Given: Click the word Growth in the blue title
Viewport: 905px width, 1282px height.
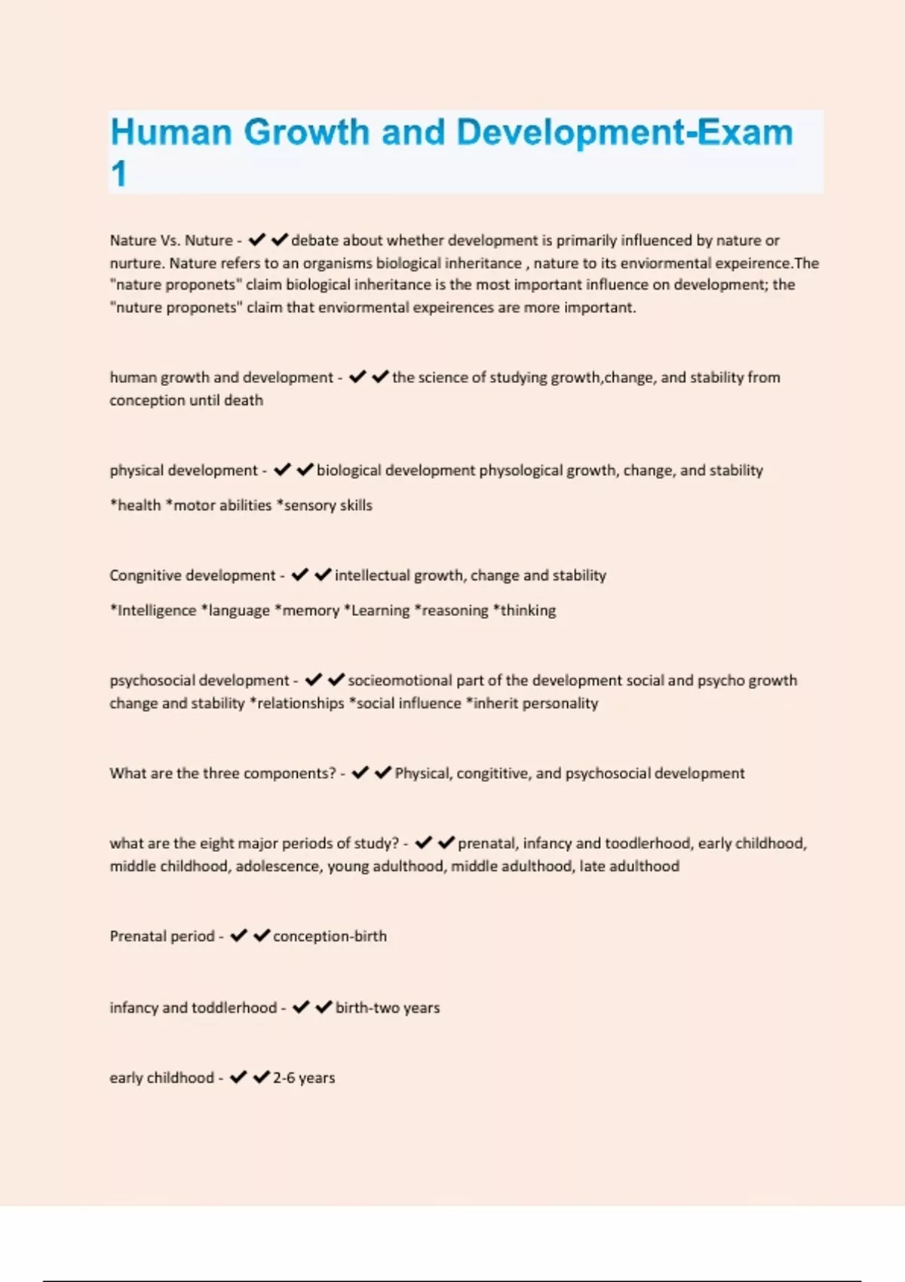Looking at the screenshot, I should [308, 133].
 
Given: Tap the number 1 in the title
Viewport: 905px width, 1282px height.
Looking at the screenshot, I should [118, 174].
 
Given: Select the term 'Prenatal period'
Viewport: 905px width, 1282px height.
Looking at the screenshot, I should [162, 937].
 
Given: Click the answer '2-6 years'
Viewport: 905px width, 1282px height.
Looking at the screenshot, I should [304, 1078].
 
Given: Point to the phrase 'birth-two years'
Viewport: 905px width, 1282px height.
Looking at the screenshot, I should [388, 1008].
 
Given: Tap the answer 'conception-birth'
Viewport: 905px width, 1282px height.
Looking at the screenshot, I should [330, 937].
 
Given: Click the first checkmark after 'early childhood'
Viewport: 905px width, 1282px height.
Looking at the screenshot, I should [238, 1078].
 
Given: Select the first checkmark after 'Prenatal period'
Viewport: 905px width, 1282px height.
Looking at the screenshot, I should [239, 936].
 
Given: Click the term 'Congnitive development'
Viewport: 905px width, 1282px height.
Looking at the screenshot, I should [192, 575].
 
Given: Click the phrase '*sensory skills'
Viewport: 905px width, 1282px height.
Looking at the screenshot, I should [324, 505].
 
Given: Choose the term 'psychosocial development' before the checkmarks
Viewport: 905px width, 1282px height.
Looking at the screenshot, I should [199, 681].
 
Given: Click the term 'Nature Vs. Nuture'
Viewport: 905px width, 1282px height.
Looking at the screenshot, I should [171, 241].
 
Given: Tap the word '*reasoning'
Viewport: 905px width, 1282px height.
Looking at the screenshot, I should [452, 611].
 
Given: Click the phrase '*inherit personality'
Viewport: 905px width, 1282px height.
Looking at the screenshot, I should [532, 704].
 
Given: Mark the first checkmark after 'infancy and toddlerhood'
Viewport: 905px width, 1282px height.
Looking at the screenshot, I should [301, 1008].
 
